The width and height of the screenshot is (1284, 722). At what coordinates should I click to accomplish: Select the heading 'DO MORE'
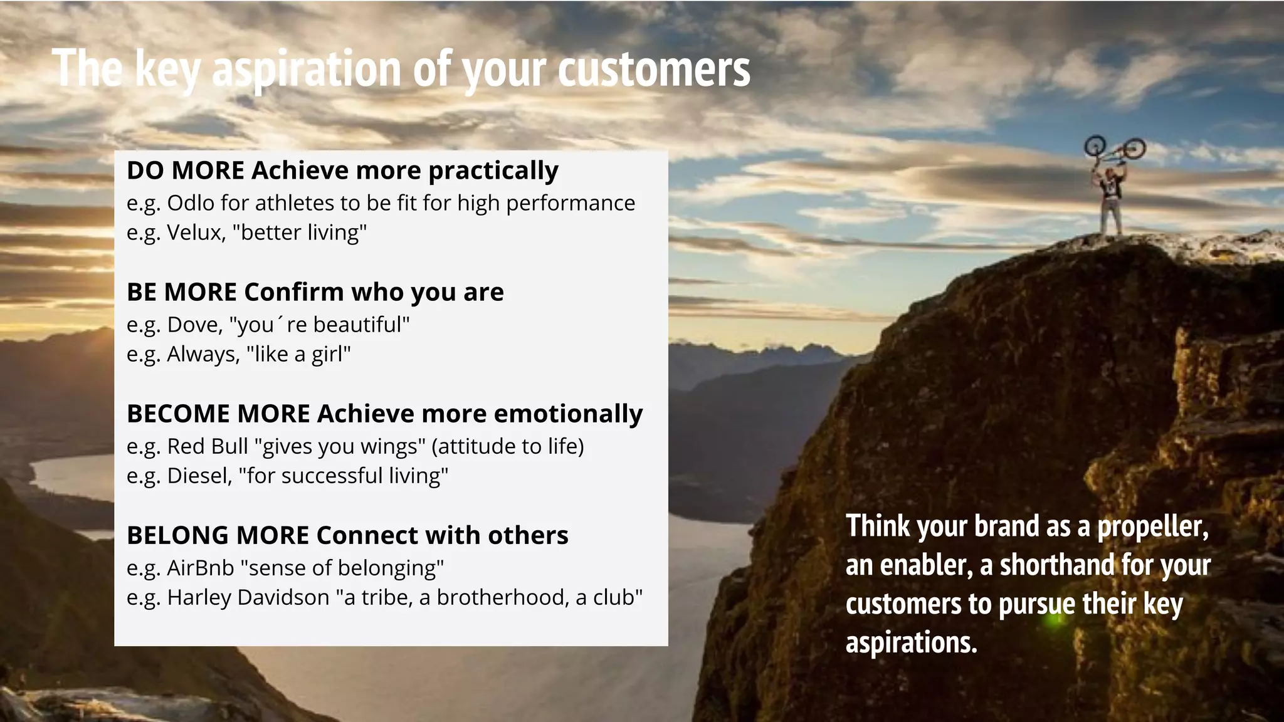point(185,170)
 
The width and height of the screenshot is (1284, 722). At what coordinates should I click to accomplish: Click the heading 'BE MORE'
point(181,292)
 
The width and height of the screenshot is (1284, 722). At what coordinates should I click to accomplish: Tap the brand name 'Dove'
point(194,325)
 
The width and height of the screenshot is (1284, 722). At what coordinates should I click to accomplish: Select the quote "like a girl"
point(298,354)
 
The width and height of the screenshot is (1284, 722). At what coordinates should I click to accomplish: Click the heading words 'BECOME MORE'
point(218,414)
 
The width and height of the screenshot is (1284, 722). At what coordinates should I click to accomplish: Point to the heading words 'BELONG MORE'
point(218,535)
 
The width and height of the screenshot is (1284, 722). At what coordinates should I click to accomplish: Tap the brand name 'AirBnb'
point(200,568)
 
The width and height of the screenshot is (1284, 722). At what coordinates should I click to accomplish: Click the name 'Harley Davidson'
point(248,597)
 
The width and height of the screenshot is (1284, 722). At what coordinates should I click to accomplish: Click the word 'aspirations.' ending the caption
point(911,643)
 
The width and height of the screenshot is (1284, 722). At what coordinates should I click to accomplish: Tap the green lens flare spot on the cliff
point(1056,620)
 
